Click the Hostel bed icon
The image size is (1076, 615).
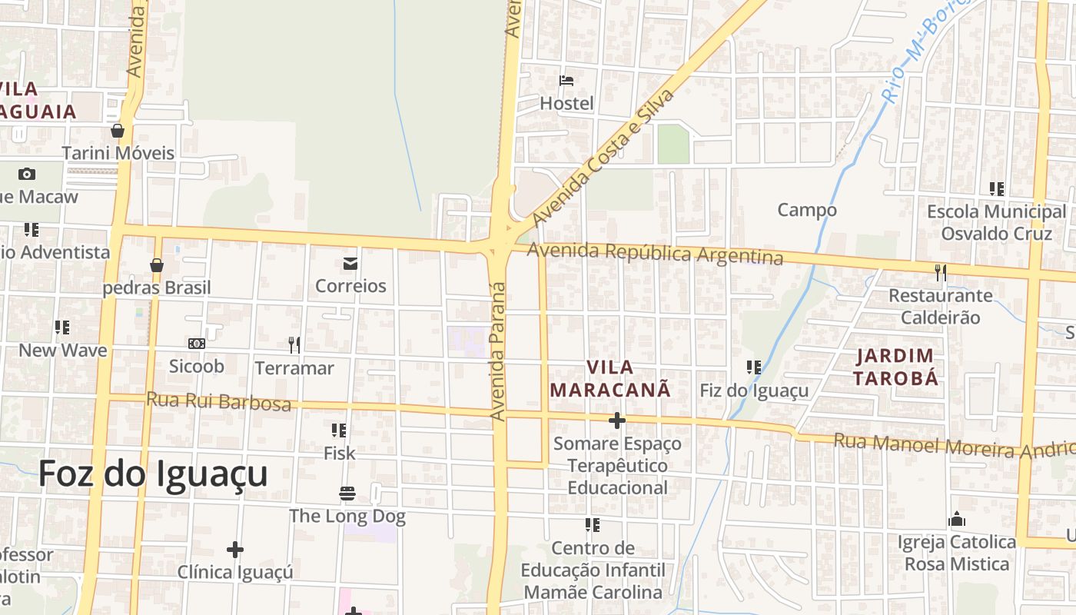click(566, 80)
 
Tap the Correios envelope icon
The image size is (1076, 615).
click(350, 264)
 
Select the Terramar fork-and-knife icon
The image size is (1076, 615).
click(294, 344)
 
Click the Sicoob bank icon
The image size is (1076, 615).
click(196, 343)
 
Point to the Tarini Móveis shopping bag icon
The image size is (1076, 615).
click(118, 131)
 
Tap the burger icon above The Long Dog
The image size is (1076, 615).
click(347, 493)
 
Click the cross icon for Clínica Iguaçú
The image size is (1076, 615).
click(235, 550)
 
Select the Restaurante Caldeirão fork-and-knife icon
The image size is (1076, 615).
click(940, 272)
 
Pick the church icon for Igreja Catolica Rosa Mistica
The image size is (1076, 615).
click(957, 520)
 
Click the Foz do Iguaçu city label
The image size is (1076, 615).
click(153, 474)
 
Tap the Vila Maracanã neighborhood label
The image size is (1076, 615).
click(610, 378)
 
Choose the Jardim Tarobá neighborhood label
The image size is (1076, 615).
click(895, 367)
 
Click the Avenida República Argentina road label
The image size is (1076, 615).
click(655, 253)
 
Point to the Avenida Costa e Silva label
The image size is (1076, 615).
click(603, 157)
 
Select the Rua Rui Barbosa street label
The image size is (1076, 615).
click(218, 401)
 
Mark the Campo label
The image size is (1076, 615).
click(807, 210)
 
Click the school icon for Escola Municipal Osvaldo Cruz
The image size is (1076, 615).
click(997, 188)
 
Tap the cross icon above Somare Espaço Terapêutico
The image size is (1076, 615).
click(616, 421)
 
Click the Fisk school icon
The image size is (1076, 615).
click(339, 430)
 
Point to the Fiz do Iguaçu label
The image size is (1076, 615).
click(754, 391)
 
